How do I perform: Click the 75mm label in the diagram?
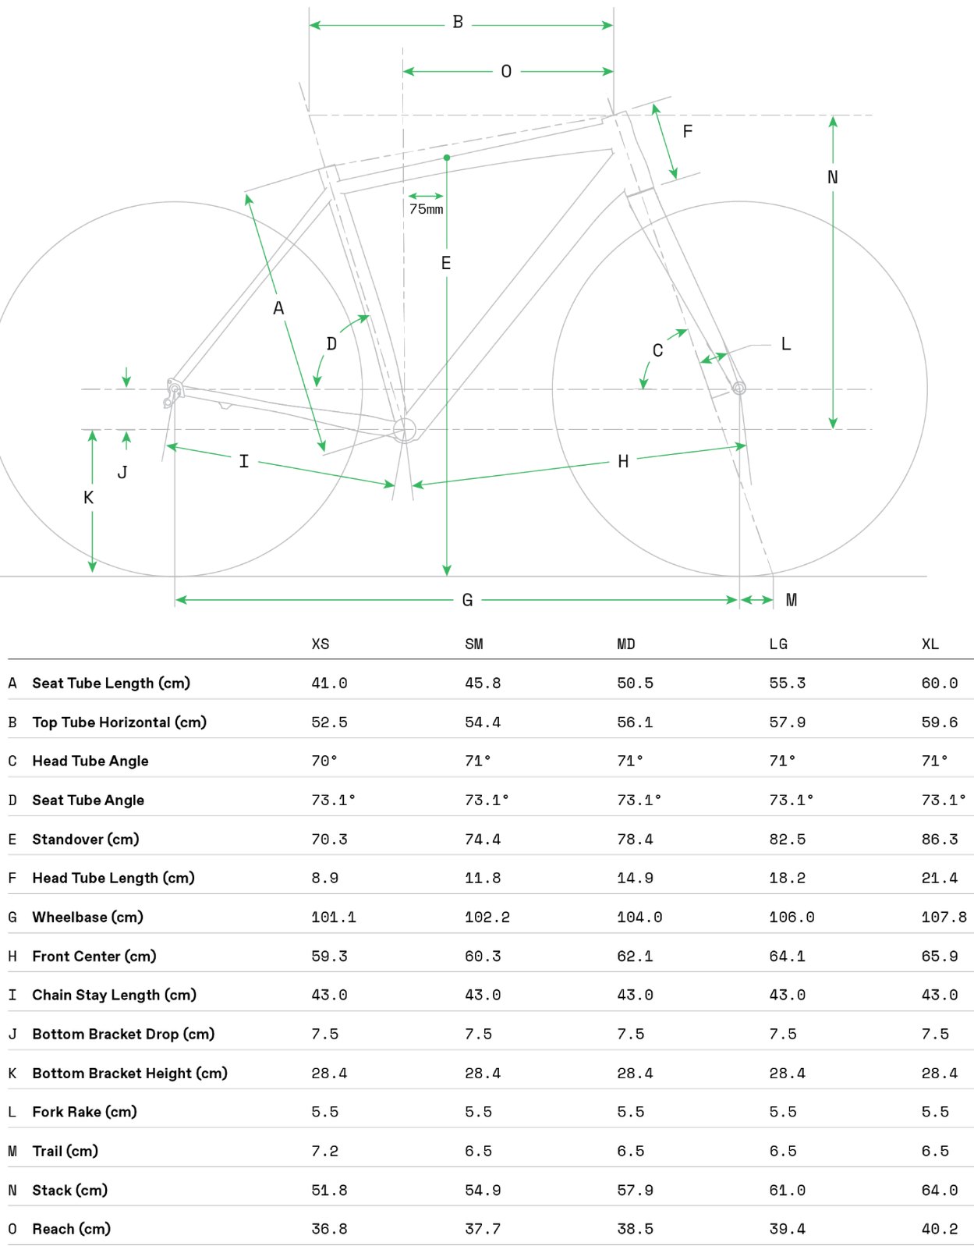[x=426, y=209]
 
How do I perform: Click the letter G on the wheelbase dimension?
[x=467, y=600]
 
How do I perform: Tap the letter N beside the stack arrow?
[x=832, y=178]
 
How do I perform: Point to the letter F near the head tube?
[x=687, y=132]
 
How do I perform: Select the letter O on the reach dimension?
[x=506, y=72]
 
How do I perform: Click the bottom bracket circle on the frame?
[x=405, y=428]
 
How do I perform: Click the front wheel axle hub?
[x=738, y=388]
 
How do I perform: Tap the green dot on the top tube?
[x=447, y=158]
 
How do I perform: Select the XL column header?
[x=930, y=644]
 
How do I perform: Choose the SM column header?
[x=474, y=644]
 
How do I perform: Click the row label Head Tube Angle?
[x=90, y=761]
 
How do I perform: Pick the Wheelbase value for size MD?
[x=639, y=918]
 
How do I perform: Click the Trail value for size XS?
[x=324, y=1152]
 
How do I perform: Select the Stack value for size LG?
[x=787, y=1191]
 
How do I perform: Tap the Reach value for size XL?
[x=939, y=1230]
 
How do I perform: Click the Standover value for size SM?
[x=483, y=840]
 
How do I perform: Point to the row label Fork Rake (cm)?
[x=84, y=1112]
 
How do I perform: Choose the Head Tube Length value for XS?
[x=324, y=879]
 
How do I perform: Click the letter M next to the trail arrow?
[x=791, y=600]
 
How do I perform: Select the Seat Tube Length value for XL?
[x=939, y=683]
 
